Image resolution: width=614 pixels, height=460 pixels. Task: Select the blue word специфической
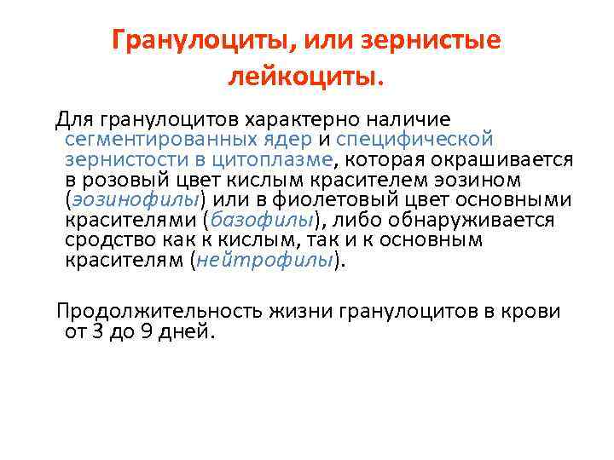(414, 138)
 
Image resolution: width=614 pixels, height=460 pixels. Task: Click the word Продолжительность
(159, 311)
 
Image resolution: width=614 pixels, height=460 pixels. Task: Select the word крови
(534, 311)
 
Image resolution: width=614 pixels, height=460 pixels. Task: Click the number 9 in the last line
(146, 331)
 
